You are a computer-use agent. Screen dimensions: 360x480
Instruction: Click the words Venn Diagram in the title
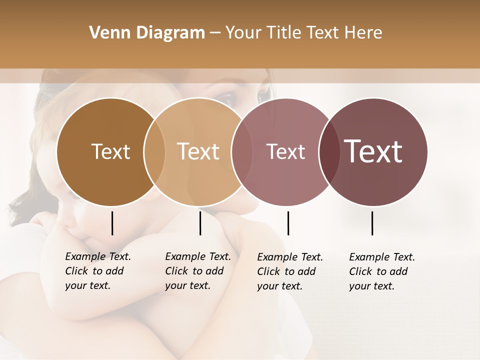pos(147,33)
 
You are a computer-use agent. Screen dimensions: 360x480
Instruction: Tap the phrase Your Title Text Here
pos(304,33)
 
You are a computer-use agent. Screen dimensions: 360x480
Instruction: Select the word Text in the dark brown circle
pos(110,151)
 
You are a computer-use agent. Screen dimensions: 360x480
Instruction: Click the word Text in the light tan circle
pos(198,151)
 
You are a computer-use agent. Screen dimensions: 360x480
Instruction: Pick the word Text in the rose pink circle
pos(286,151)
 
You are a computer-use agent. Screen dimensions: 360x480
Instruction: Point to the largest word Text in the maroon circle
pos(373,151)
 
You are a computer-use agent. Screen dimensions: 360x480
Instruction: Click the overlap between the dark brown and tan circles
pos(154,152)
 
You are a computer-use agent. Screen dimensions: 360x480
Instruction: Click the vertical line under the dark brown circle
pos(112,223)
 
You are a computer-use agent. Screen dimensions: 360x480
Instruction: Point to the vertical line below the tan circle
pos(200,223)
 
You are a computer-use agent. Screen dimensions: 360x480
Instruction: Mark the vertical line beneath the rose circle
pos(288,223)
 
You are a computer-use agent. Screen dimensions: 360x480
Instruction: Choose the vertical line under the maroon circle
pos(372,223)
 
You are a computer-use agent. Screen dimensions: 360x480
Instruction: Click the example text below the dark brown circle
pos(98,271)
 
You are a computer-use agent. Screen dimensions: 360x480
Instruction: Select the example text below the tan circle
pos(198,271)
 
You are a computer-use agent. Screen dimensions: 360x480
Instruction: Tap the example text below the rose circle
pos(290,271)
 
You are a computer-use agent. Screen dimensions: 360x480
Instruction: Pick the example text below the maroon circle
pos(382,271)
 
